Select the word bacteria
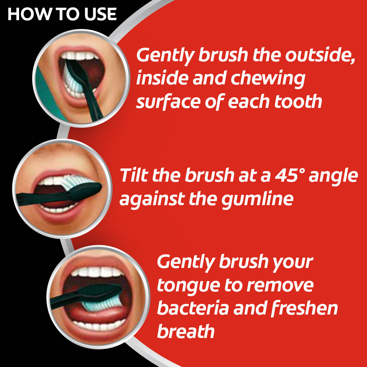pyautogui.click(x=192, y=308)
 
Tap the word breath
pyautogui.click(x=185, y=331)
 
